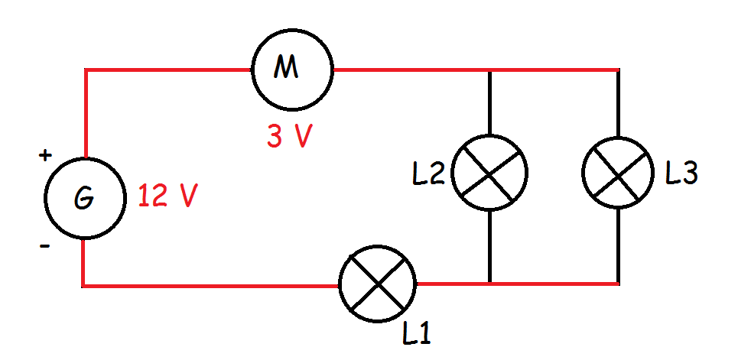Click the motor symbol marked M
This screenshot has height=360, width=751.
(291, 71)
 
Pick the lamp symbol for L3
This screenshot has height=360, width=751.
(618, 172)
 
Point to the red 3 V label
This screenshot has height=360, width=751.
(288, 137)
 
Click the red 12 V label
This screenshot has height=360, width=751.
(167, 198)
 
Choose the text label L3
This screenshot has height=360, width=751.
(681, 174)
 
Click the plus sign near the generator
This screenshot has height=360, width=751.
(45, 156)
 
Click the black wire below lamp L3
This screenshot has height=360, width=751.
(618, 245)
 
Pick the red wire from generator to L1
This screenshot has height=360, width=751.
(206, 286)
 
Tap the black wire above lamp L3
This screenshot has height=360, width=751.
(618, 103)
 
